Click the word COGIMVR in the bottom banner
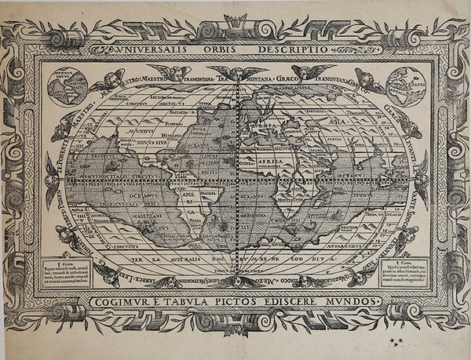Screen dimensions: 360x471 click(x=124, y=300)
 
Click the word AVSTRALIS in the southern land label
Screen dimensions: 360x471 click(x=184, y=256)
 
